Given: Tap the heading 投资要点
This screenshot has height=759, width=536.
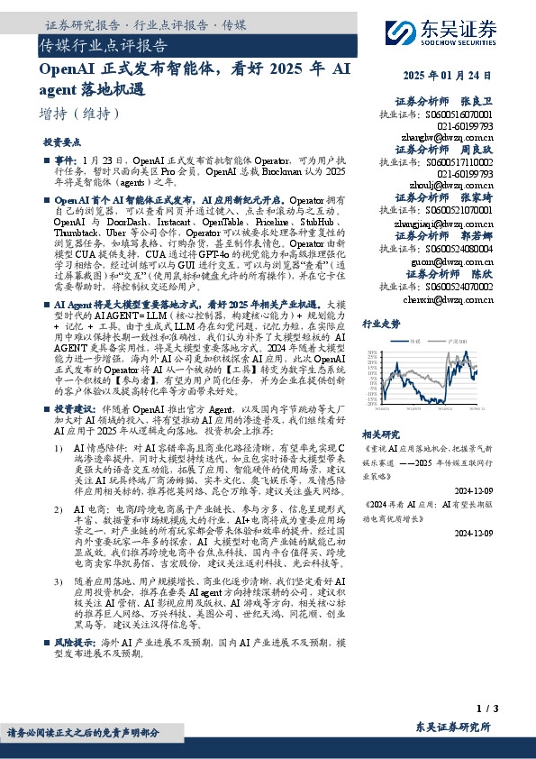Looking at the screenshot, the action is coord(61,142).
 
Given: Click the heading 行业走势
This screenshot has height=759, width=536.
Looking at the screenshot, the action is coord(380,323).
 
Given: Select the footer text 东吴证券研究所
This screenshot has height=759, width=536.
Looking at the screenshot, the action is coord(453,727).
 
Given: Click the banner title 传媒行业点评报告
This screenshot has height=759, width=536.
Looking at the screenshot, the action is coord(103,44).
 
